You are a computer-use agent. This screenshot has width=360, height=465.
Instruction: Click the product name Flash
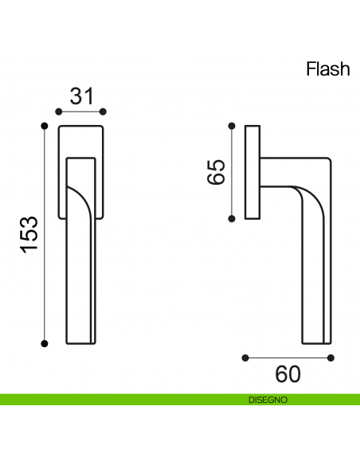pyautogui.click(x=328, y=68)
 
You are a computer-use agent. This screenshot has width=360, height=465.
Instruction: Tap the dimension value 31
pyautogui.click(x=81, y=96)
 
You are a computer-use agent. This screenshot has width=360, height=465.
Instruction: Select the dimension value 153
pyautogui.click(x=29, y=235)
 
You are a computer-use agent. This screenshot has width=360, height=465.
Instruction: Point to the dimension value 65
pyautogui.click(x=216, y=172)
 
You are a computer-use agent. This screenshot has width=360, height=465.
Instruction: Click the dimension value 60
pyautogui.click(x=288, y=374)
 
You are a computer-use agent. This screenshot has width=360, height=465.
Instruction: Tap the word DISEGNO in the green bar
pyautogui.click(x=268, y=400)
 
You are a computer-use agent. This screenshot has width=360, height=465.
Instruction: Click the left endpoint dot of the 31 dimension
pyautogui.click(x=59, y=111)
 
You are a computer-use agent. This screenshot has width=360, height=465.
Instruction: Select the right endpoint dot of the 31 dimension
pyautogui.click(x=103, y=111)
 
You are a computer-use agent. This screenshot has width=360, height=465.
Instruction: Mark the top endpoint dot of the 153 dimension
pyautogui.click(x=45, y=126)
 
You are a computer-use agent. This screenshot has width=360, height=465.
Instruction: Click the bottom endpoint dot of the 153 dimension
pyautogui.click(x=45, y=344)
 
